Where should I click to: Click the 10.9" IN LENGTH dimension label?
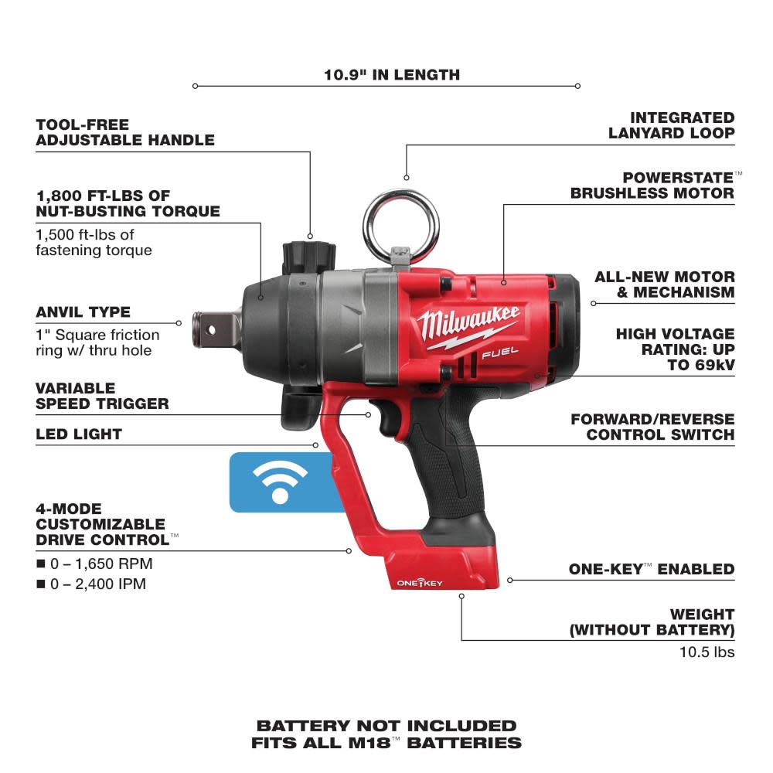pos(391,75)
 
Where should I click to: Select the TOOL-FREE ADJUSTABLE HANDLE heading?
pos(124,132)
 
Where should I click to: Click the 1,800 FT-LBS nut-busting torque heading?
pos(128,203)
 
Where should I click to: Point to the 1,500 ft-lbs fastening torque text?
pos(94,242)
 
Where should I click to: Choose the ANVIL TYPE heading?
pos(83,312)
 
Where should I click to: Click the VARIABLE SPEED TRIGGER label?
pos(102,395)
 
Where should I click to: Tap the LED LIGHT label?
pos(79,434)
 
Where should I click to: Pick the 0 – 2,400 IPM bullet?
pos(90,584)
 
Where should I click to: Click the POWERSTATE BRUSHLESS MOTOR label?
pos(653,185)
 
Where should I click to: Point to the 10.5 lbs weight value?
pos(707,652)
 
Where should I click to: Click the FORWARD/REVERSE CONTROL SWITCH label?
pos(652,427)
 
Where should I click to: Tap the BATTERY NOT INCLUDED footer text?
pos(386,726)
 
